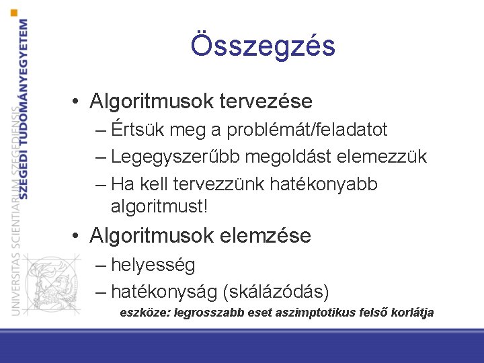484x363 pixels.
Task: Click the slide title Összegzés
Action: click(262, 46)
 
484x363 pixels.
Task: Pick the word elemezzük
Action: click(391, 157)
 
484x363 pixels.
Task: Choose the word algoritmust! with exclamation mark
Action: click(159, 206)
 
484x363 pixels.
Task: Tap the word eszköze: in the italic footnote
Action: click(144, 313)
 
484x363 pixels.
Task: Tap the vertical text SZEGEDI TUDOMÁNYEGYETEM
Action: click(24, 108)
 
